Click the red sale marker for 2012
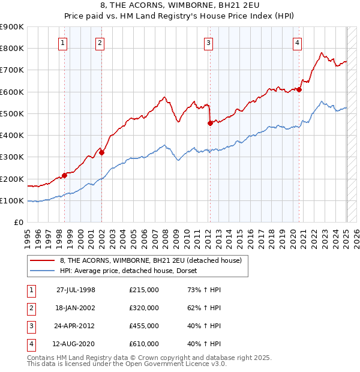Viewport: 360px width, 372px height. click(210, 124)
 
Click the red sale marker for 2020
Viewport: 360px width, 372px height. click(299, 90)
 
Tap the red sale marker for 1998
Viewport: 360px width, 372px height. click(64, 175)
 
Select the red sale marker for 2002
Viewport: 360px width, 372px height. click(101, 152)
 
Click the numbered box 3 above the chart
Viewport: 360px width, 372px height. click(208, 43)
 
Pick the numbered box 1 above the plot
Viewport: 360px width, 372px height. click(63, 43)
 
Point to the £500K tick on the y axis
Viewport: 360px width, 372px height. click(12, 113)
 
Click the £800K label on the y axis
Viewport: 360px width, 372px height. click(12, 48)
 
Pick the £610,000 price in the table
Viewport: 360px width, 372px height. click(144, 344)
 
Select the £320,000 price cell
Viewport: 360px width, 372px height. click(144, 308)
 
